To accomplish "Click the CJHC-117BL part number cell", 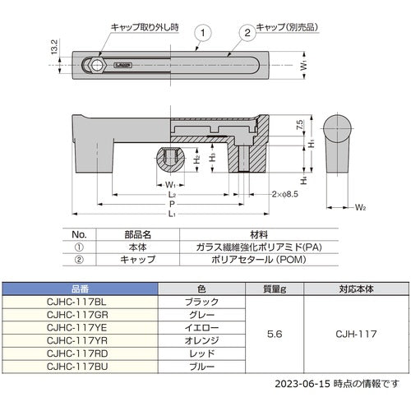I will [79, 302].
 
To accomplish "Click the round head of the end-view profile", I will [338, 130].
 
